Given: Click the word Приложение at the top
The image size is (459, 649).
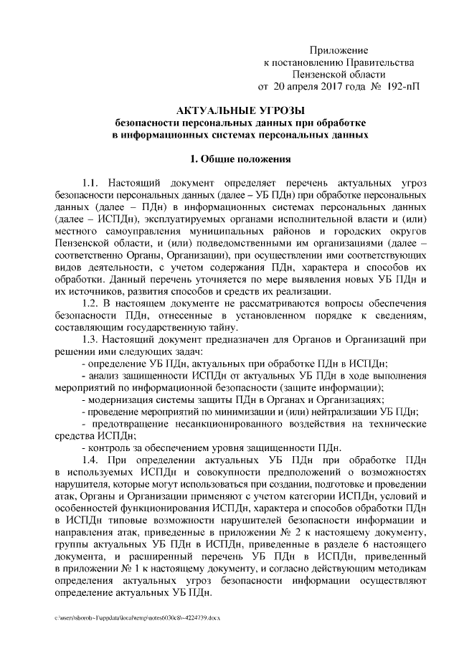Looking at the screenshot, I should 339,50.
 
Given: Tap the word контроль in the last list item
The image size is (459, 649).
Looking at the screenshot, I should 109,447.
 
